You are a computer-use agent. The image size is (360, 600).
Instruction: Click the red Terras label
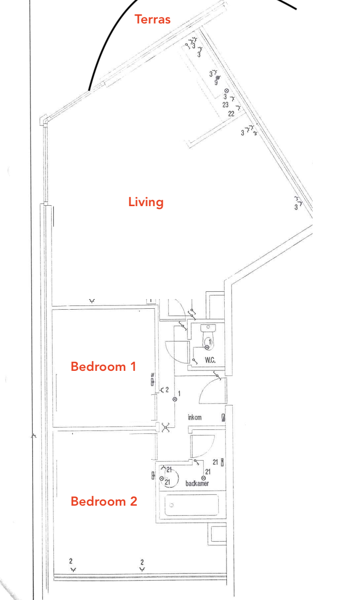pyautogui.click(x=152, y=19)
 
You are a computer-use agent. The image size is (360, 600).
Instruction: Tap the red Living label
pyautogui.click(x=146, y=202)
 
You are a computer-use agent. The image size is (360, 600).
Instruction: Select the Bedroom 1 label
pyautogui.click(x=104, y=366)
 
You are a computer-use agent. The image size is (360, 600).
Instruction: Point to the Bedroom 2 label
pyautogui.click(x=104, y=501)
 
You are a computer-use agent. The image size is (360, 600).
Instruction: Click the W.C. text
pyautogui.click(x=210, y=360)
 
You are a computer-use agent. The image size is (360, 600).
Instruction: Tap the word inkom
pyautogui.click(x=195, y=417)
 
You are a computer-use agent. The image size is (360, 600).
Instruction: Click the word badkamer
pyautogui.click(x=197, y=484)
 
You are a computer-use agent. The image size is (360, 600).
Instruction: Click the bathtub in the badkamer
pyautogui.click(x=192, y=505)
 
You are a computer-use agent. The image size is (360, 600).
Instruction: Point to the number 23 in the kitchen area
pyautogui.click(x=226, y=105)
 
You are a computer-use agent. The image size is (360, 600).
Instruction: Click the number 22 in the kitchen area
pyautogui.click(x=231, y=114)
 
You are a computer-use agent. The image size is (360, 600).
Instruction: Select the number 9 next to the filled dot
pyautogui.click(x=216, y=83)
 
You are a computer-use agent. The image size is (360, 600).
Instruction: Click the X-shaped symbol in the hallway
pyautogui.click(x=166, y=427)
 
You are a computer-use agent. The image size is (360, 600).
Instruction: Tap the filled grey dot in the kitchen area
pyautogui.click(x=217, y=78)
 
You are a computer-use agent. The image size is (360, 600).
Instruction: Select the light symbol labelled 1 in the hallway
pyautogui.click(x=175, y=399)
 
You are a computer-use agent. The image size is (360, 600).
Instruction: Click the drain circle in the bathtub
pyautogui.click(x=172, y=505)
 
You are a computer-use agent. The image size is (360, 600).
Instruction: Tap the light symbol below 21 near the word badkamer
pyautogui.click(x=203, y=479)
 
